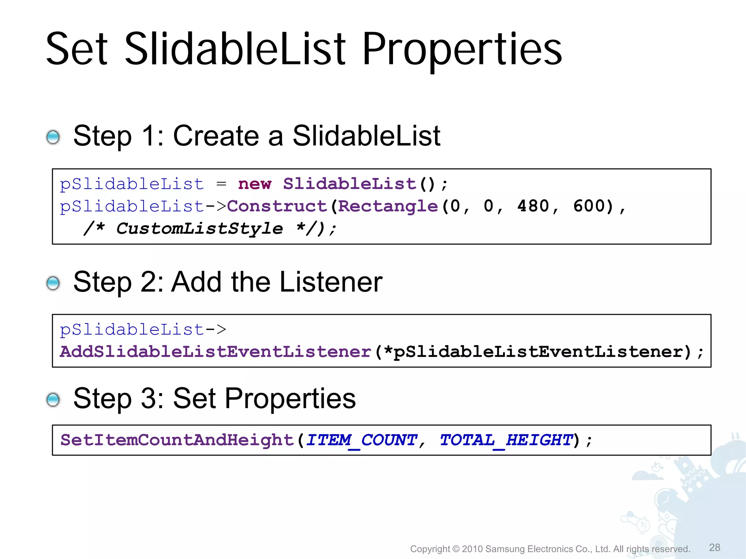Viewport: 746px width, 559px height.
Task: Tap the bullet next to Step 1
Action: [53, 137]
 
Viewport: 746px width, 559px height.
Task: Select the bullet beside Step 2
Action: [53, 283]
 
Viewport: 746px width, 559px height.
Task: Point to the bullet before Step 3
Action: [53, 400]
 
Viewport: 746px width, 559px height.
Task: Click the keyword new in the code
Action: [255, 184]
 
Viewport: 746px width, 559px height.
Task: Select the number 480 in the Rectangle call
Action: [533, 206]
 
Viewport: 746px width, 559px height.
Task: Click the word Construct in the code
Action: [277, 206]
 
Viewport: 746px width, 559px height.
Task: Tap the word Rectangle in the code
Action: [388, 206]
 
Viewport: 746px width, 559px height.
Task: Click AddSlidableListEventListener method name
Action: [215, 352]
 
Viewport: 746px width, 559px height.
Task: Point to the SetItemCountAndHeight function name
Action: [177, 440]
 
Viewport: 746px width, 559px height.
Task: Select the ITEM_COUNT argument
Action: [362, 440]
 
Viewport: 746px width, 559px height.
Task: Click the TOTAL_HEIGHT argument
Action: [506, 440]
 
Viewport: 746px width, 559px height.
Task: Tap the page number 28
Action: [715, 547]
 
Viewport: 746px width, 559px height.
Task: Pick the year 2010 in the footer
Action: [472, 549]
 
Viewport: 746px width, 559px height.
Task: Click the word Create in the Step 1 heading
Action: [216, 136]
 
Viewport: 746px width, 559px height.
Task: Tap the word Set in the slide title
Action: [77, 50]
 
